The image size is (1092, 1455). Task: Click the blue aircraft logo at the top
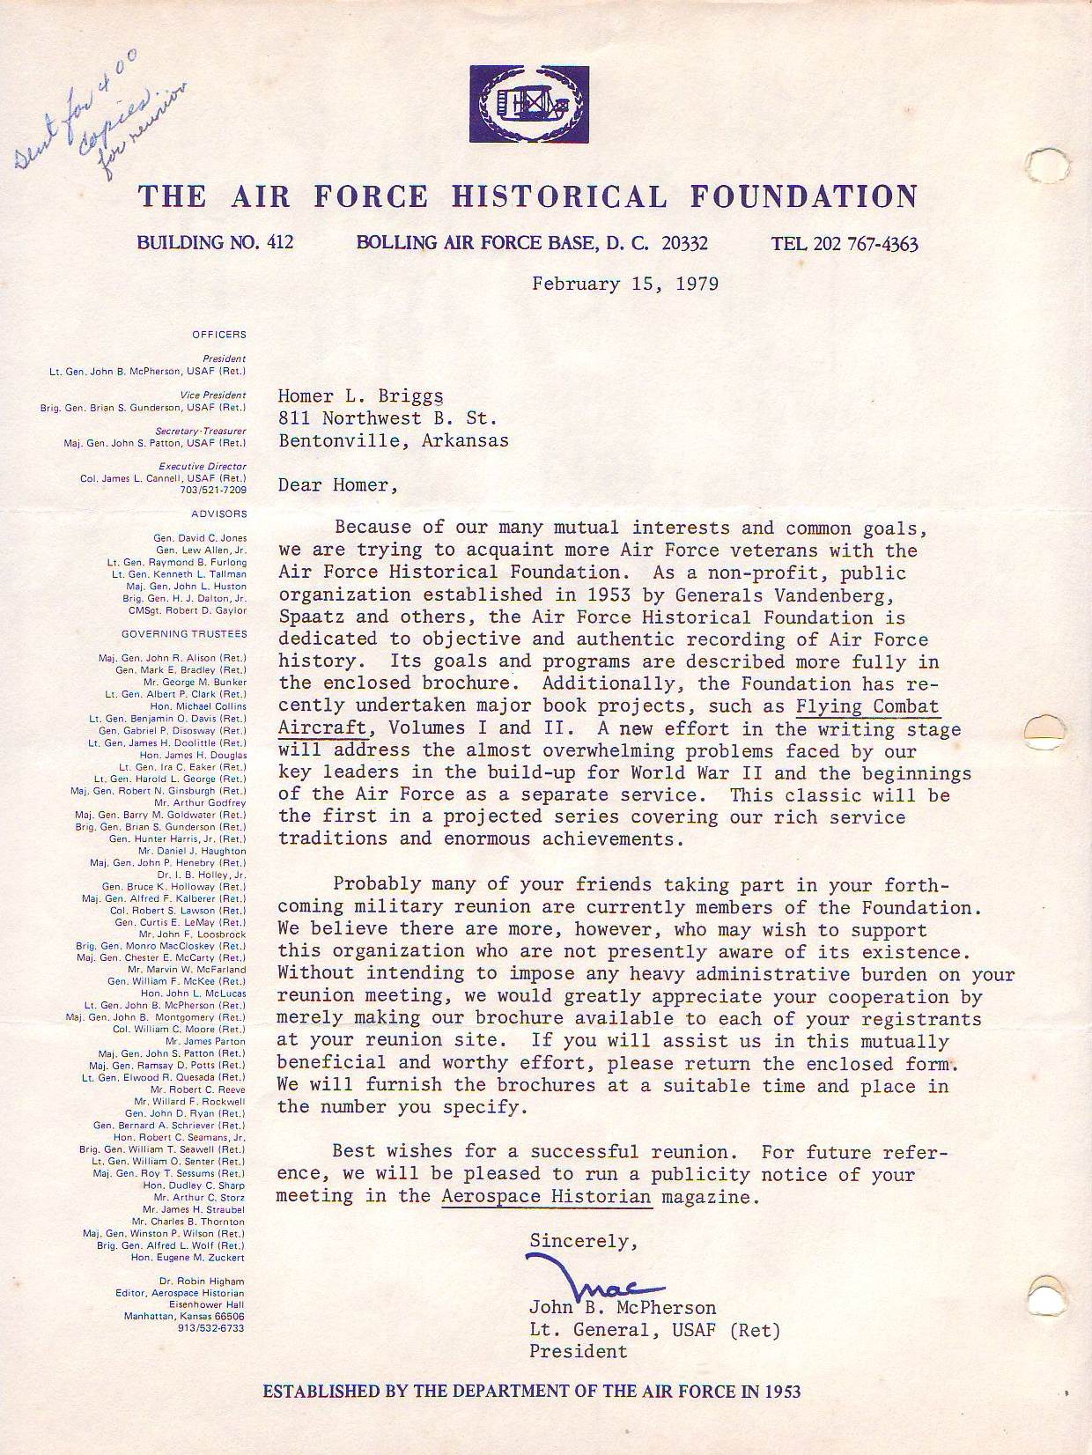529,104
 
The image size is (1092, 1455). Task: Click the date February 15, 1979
624,284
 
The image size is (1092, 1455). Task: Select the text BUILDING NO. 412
215,242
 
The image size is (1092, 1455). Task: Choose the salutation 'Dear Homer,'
333,484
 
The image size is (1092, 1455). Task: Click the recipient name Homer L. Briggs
361,396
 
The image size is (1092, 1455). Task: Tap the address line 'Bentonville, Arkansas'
394,440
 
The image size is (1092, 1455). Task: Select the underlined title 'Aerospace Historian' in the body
546,1196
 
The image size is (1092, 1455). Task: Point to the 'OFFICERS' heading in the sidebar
219,335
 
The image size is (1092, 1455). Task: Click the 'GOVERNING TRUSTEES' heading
184,634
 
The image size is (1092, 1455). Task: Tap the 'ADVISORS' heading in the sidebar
219,513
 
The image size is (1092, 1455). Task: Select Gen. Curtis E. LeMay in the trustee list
181,922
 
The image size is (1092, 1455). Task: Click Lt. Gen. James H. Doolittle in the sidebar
167,742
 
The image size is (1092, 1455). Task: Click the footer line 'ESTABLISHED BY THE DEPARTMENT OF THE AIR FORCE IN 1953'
532,1392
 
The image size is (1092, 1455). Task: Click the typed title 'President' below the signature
578,1351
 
